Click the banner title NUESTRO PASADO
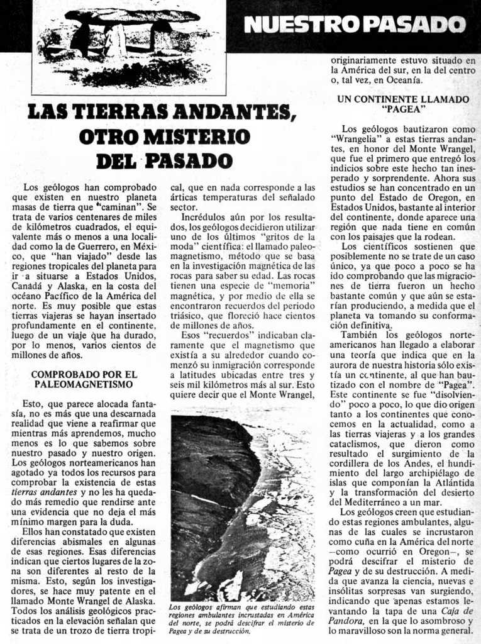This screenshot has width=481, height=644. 355,25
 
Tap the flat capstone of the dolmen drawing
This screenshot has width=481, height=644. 131,16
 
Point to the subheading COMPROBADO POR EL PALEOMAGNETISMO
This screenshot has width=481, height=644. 84,379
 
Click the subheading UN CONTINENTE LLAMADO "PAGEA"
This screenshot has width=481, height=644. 403,104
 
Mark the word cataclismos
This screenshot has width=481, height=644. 358,444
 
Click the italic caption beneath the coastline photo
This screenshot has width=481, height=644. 242,619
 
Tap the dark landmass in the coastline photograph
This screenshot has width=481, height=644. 211,465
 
